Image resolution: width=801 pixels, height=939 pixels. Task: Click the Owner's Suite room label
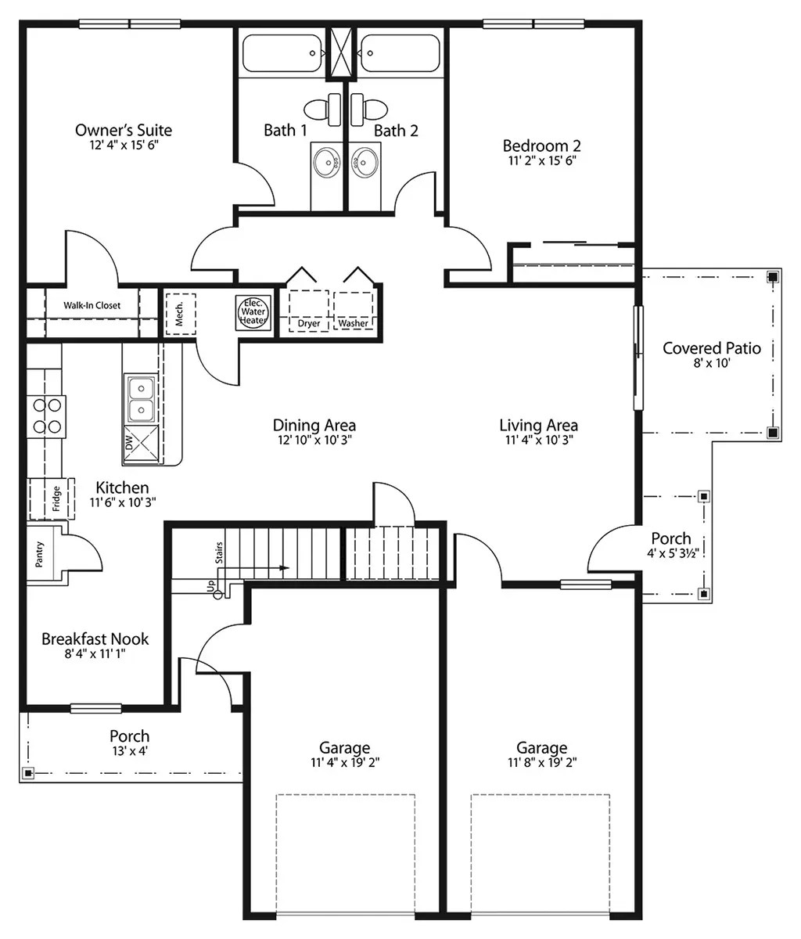click(124, 130)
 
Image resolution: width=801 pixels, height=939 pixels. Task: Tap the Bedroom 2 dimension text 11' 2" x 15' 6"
click(541, 160)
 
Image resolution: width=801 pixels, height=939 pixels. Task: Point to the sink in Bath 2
click(365, 163)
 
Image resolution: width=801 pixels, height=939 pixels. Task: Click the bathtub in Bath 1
click(282, 53)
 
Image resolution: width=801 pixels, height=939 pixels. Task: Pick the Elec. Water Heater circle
click(253, 311)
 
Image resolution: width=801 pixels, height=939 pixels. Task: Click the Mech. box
click(179, 313)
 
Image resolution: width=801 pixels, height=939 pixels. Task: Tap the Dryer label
click(309, 323)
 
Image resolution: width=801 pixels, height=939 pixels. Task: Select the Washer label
click(354, 323)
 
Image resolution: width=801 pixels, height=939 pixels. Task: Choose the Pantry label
click(40, 555)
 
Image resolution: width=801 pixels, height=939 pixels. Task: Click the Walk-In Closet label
click(92, 305)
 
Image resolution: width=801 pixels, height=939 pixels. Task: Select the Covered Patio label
click(711, 348)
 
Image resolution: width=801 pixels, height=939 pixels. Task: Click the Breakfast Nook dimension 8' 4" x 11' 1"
click(95, 654)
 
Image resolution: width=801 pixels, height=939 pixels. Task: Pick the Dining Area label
click(314, 425)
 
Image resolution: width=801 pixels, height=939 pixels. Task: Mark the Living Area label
click(538, 425)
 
